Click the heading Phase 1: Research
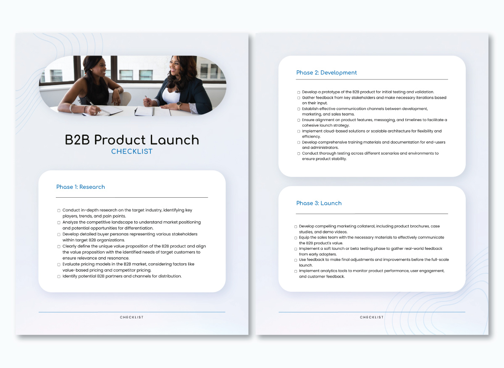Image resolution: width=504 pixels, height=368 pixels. (x=81, y=187)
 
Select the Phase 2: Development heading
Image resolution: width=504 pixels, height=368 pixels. (x=326, y=73)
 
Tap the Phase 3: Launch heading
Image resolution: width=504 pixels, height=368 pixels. (x=319, y=203)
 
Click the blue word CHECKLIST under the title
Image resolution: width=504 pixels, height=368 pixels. (x=132, y=151)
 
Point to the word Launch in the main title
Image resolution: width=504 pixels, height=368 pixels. (x=174, y=140)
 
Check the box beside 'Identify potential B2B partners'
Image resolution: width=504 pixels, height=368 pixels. (x=59, y=276)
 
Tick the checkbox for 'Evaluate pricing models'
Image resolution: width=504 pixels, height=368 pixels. (x=59, y=265)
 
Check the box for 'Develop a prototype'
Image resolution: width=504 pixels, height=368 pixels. (x=299, y=93)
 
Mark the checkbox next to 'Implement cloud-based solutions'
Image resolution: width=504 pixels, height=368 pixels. (x=299, y=131)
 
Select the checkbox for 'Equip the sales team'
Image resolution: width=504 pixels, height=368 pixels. (x=296, y=238)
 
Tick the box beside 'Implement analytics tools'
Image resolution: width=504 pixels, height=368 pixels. (x=296, y=271)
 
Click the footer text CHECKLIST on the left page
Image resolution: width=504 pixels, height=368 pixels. (x=131, y=317)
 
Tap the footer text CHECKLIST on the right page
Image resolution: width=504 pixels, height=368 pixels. (x=372, y=317)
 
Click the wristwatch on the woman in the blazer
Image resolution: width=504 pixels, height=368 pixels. (x=179, y=105)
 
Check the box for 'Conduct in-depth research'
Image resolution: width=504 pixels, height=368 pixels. (x=59, y=210)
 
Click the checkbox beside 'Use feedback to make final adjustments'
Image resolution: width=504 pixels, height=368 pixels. (x=296, y=260)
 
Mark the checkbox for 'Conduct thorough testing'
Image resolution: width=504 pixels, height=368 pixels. (x=299, y=154)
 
